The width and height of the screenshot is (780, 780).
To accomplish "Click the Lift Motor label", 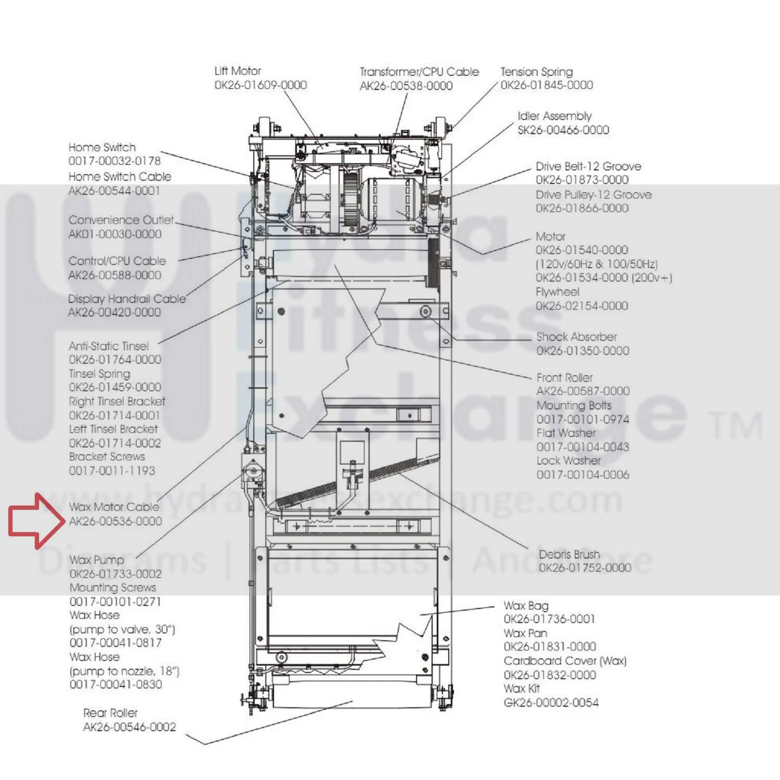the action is point(238,71).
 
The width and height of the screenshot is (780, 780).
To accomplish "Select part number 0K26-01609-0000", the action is point(261,85).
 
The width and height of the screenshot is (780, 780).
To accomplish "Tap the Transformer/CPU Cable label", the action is point(419,72).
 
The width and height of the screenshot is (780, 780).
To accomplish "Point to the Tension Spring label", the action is point(536,72).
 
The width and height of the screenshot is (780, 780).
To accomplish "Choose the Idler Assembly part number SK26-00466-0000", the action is point(563,130).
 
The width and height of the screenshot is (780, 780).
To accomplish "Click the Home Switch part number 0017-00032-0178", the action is point(114,161).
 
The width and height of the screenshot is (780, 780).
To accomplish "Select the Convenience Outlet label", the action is point(121,220).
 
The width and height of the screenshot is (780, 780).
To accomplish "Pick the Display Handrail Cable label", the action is point(127,299).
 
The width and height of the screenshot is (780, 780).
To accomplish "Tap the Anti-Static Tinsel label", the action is point(109,346).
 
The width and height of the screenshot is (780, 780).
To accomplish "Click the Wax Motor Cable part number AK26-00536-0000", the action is point(116,521).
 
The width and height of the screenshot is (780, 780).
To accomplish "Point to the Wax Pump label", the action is point(97,560).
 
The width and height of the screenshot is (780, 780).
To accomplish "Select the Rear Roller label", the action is point(110,713).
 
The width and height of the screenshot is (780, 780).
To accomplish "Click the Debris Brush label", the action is point(569,554).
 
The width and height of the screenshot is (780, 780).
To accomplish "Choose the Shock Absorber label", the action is point(577,337).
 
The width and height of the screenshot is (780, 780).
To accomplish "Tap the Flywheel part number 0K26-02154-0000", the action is point(582,306).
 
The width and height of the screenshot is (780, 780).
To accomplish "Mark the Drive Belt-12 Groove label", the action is point(589,166).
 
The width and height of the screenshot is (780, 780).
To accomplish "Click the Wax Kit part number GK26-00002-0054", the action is point(551,703).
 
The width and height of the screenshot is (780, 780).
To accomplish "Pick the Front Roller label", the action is point(565,378).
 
